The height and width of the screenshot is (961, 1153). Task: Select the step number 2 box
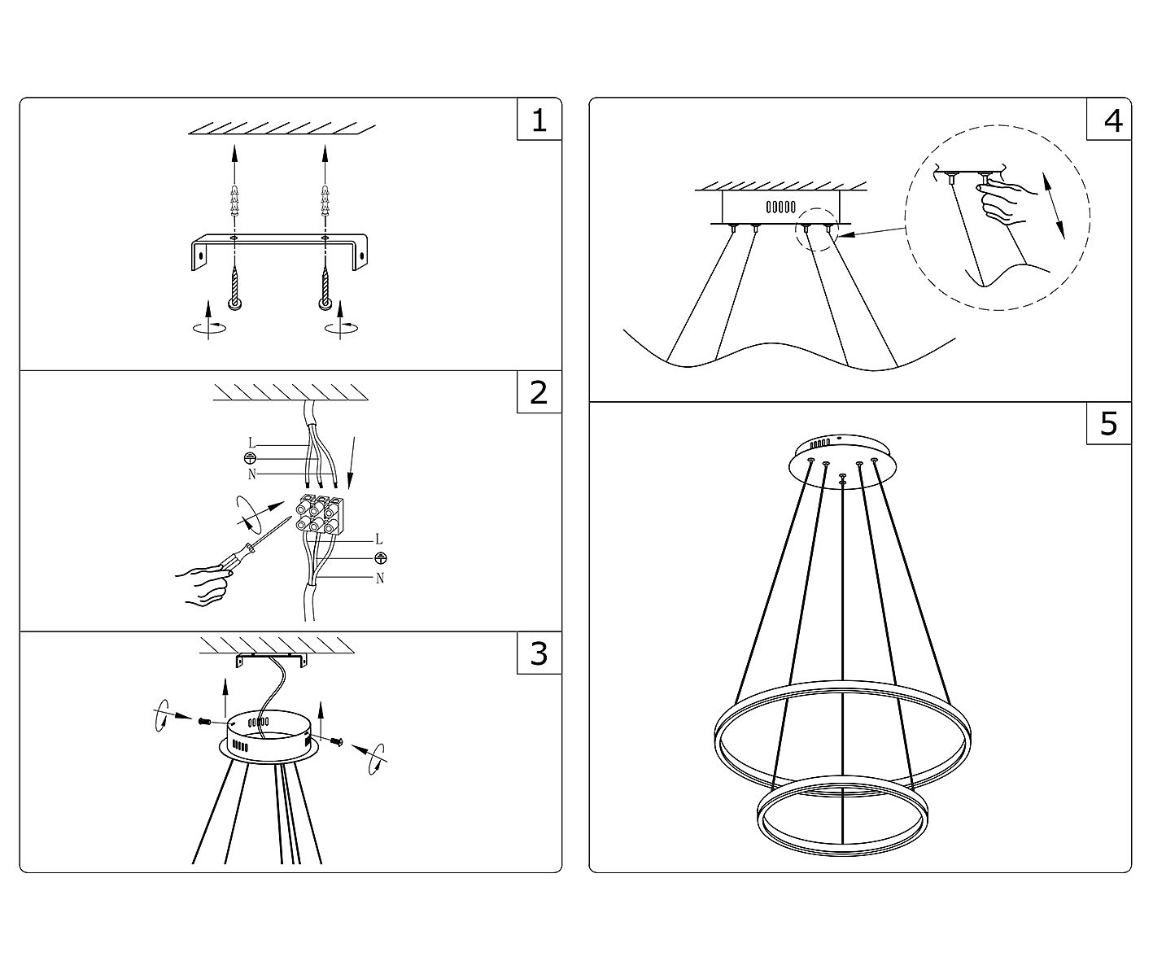point(539,392)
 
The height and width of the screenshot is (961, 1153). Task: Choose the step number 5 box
point(1109,423)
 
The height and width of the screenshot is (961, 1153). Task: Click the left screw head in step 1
point(234,304)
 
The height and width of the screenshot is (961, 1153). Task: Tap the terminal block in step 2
point(319,514)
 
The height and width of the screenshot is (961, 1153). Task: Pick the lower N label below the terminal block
point(379,579)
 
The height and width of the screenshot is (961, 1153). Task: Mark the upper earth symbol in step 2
point(251,459)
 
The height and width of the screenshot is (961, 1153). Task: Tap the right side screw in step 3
point(338,740)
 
